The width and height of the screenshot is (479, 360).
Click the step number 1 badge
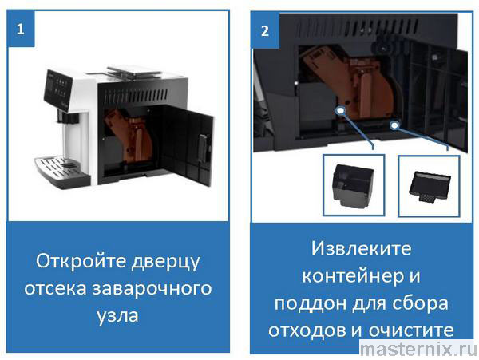tap(21, 29)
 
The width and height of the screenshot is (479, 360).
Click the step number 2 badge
tap(265, 30)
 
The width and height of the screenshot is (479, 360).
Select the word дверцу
tap(165, 262)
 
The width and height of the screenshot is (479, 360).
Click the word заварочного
tap(152, 288)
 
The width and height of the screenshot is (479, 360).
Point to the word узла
tap(117, 315)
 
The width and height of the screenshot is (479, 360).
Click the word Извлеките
tap(362, 248)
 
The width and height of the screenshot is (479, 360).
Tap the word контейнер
tap(350, 276)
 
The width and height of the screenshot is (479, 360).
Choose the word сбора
tap(420, 303)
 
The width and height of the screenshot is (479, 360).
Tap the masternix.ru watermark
tap(418, 349)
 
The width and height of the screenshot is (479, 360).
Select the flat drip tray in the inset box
tap(430, 187)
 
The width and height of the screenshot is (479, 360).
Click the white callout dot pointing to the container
tap(340, 110)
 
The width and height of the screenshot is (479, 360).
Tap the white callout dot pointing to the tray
tap(394, 125)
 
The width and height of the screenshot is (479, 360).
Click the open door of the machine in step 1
tap(188, 144)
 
